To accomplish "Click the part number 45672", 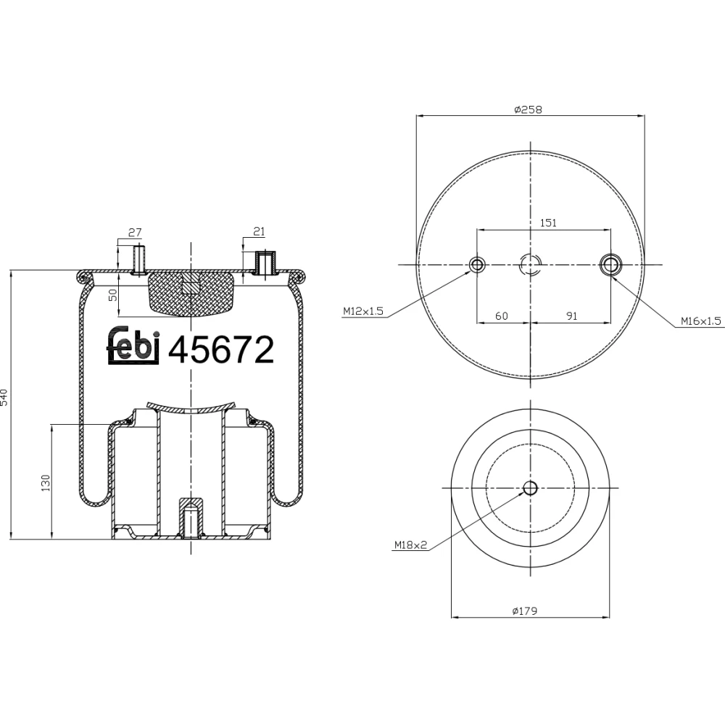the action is (221, 350).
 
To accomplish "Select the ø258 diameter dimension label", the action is (528, 109).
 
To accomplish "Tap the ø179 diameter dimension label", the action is (525, 610).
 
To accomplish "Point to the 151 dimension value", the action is (548, 223).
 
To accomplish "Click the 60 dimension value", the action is (502, 316).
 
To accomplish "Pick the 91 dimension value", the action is (572, 316).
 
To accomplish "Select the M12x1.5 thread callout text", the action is (363, 311).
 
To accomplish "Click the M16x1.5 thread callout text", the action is (700, 321).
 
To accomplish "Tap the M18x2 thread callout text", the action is (410, 546).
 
